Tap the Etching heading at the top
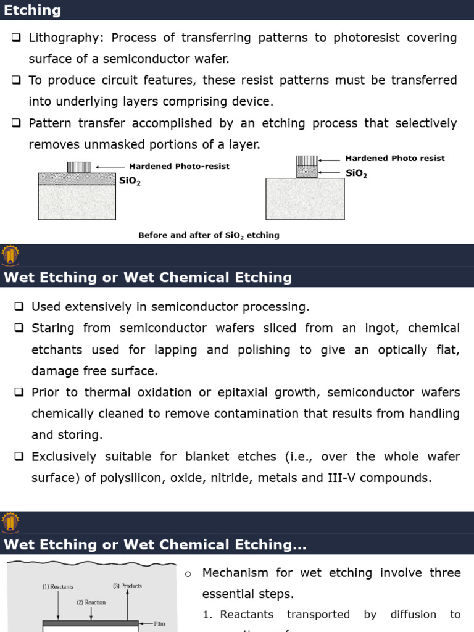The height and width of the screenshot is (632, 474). point(33,10)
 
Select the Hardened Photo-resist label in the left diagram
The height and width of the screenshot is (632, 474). point(179,167)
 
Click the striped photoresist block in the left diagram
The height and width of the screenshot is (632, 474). point(78,167)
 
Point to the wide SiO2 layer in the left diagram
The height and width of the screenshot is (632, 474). point(77,179)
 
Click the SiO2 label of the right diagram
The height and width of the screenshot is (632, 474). point(356,173)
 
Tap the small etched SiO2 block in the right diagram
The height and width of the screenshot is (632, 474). point(307,172)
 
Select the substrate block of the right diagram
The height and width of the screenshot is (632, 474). point(305,199)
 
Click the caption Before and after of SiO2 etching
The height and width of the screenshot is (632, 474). point(209,235)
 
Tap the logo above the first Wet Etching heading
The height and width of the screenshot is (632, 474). point(10,255)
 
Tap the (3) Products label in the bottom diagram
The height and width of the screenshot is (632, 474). point(127,586)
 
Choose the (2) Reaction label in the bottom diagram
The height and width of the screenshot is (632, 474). point(91,602)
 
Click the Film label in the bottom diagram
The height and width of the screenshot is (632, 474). point(160,623)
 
